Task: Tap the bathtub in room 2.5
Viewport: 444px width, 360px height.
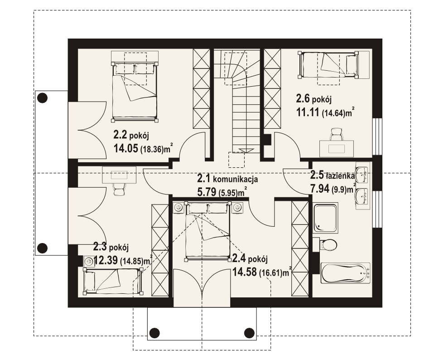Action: (345, 273)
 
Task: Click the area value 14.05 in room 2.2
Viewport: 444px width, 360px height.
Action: (126, 148)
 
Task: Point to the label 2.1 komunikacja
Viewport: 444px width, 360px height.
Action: (227, 179)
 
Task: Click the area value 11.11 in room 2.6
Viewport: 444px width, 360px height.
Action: (308, 112)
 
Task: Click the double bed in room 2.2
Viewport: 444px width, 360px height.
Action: (135, 91)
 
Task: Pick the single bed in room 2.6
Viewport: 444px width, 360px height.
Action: (328, 65)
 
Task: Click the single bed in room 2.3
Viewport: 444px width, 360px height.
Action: (113, 281)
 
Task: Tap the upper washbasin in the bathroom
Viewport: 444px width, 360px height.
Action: (362, 174)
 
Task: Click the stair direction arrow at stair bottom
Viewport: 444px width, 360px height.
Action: (243, 150)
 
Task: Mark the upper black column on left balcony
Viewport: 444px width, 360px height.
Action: (43, 98)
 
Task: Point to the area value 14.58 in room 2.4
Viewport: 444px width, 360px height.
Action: (245, 272)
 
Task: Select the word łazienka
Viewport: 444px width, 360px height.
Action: (340, 176)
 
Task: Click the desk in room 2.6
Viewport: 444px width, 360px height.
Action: (337, 148)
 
